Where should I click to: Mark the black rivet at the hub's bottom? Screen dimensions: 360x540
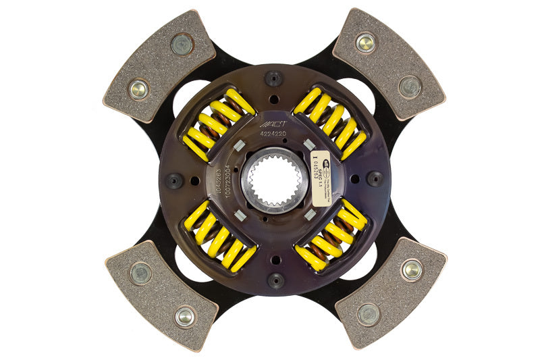pos(274,279)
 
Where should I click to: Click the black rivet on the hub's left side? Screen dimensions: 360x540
pos(173,180)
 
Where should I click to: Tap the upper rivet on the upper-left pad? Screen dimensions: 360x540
pos(182,44)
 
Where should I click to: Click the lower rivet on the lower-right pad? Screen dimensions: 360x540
pos(369,314)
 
